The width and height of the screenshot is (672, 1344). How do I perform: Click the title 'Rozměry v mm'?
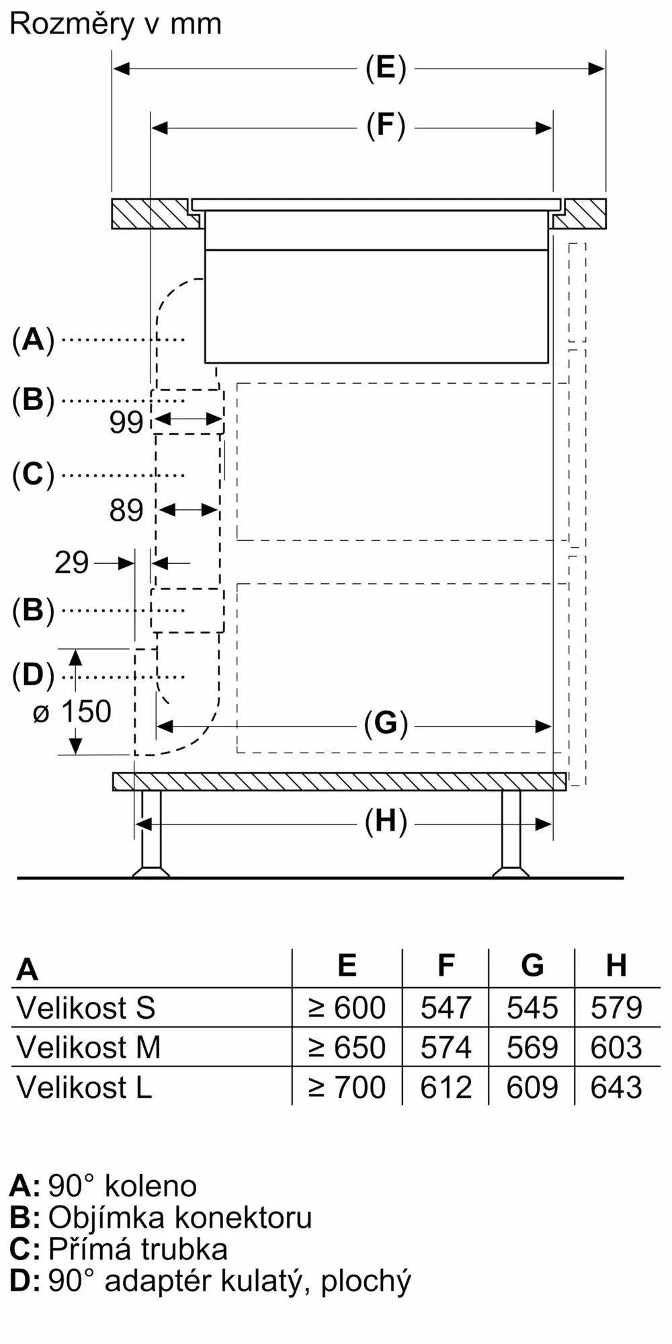[116, 24]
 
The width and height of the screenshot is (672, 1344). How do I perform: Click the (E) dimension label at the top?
[386, 69]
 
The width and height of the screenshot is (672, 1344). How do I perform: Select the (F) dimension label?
[386, 126]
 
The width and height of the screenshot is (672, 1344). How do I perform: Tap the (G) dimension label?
[386, 724]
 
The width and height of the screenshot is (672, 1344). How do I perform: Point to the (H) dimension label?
[386, 823]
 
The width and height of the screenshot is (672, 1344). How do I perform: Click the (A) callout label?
[33, 339]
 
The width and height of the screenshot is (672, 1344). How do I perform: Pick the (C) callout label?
[33, 474]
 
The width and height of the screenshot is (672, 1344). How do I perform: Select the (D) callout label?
[33, 675]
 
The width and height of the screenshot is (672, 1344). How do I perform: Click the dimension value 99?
[126, 422]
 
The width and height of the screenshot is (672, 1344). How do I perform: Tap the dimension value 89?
[126, 511]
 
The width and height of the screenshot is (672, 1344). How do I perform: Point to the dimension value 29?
[71, 563]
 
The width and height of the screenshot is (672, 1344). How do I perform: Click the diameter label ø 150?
[72, 712]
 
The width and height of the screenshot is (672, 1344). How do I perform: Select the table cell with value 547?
[446, 1008]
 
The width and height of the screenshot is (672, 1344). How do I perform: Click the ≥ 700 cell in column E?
[347, 1087]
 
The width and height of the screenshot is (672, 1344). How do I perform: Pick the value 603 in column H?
[616, 1048]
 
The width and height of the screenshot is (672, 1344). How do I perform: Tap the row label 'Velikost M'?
[88, 1048]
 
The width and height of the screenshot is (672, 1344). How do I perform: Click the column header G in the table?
[532, 966]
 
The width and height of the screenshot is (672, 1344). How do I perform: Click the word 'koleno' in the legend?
[151, 1186]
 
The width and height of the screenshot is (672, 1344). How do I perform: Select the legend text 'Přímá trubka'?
[138, 1249]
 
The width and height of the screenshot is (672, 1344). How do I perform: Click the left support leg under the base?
[151, 833]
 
